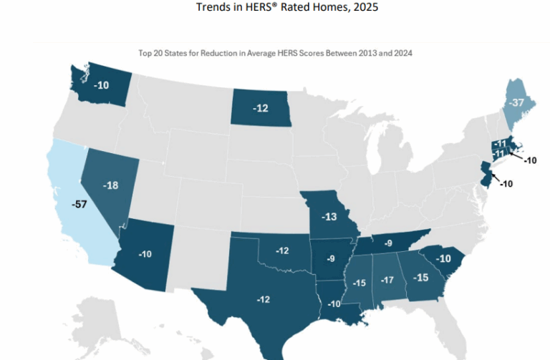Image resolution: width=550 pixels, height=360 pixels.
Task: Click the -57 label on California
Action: (x=80, y=204)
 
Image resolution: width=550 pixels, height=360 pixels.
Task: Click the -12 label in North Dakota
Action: (x=261, y=108)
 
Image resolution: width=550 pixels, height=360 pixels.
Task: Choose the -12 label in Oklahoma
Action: (x=281, y=250)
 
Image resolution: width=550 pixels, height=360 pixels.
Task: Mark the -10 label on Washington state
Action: (x=102, y=84)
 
